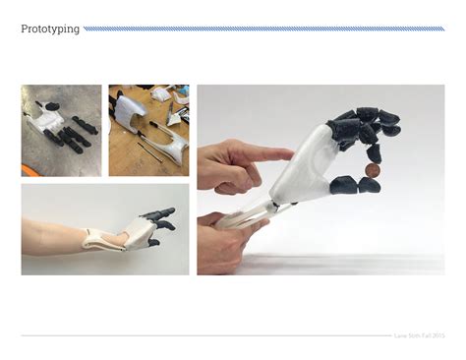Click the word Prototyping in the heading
coord(50,29)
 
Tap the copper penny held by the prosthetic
coord(371,170)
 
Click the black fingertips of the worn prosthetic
coord(162,217)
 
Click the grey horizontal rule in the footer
coord(197,335)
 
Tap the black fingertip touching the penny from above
coord(375,152)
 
